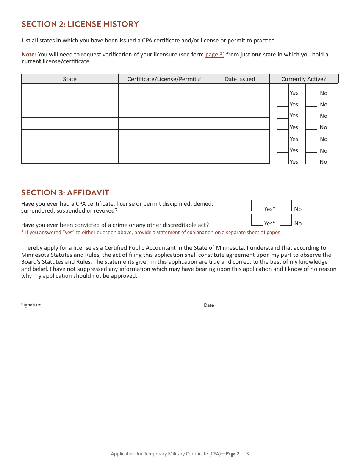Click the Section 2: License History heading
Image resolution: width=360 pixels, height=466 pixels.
[80, 24]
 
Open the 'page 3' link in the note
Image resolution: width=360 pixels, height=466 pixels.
[214, 55]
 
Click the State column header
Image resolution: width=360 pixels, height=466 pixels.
[70, 79]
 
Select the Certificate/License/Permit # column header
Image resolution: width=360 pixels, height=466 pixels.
[164, 79]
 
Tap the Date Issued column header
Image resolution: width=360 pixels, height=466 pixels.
[239, 79]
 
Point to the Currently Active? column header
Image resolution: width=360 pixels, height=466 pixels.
[304, 79]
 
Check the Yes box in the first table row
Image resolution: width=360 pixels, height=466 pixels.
[283, 90]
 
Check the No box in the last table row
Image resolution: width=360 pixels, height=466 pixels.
[311, 159]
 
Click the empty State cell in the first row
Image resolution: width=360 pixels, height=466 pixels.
[70, 89]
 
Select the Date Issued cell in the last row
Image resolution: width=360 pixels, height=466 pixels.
[239, 158]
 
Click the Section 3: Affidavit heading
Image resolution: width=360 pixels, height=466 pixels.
[65, 193]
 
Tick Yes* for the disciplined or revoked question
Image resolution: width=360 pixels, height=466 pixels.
[257, 206]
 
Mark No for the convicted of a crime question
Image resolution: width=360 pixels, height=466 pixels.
[286, 220]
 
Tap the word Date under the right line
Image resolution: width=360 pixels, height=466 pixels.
[209, 305]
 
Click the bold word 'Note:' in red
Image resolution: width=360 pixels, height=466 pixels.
[29, 55]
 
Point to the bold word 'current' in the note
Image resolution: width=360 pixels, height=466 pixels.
[31, 61]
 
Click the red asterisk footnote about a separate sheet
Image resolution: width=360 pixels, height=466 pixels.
[151, 233]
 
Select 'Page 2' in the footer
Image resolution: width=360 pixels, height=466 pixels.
[233, 454]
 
